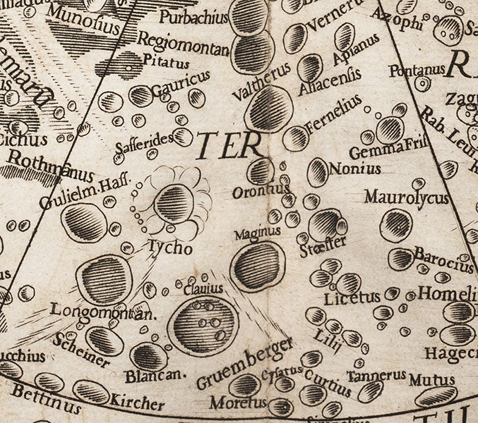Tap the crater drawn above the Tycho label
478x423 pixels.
coord(174,204)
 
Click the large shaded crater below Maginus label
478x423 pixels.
coord(258,266)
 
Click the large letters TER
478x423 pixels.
coord(225,147)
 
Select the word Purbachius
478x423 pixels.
coord(184,16)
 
